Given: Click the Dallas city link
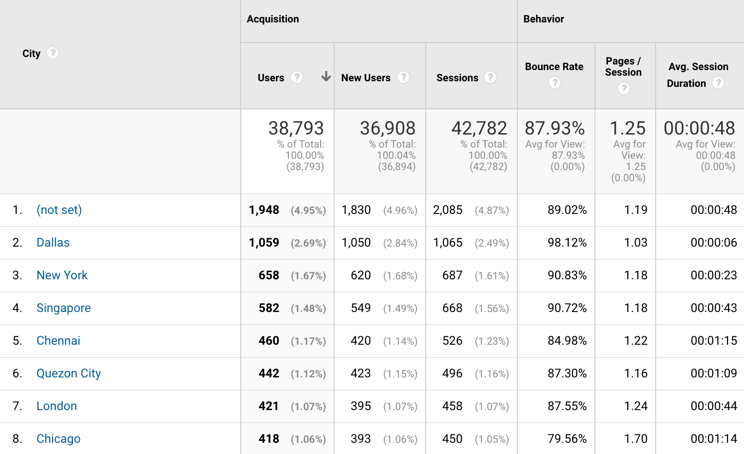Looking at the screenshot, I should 53,243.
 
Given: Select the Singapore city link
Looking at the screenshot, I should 64,308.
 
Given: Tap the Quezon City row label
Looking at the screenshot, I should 69,374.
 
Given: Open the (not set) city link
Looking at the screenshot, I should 59,210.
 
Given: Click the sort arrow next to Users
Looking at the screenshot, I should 326,77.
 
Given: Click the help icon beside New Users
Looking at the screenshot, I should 403,77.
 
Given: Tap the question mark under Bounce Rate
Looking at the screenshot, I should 555,83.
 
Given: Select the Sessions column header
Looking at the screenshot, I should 457,78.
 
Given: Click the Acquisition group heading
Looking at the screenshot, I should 273,19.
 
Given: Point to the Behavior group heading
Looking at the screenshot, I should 544,19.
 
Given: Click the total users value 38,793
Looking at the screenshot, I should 296,128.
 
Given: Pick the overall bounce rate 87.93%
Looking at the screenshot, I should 555,128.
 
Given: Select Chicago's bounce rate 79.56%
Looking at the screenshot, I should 567,439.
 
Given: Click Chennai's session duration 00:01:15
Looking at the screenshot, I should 714,341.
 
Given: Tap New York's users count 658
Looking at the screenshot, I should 269,276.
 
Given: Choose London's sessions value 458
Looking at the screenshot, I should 452,406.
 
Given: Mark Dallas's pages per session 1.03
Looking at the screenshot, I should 636,243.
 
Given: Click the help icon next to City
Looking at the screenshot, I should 53,53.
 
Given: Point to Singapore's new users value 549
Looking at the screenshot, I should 361,308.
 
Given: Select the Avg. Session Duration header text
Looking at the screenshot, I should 698,75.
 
